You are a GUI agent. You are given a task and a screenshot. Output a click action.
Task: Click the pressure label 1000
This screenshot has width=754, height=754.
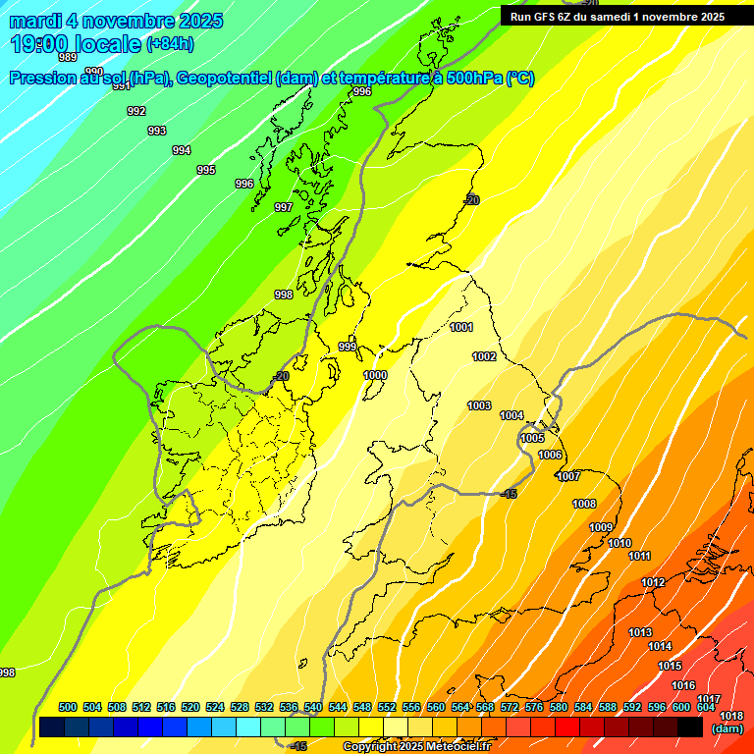pos(375,375)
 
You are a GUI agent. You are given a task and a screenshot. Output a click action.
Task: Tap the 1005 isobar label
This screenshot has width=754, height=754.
pos(532,438)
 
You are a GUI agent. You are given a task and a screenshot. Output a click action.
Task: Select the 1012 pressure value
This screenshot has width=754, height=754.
pos(653,582)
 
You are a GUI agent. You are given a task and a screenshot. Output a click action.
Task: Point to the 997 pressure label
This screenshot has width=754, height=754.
pos(283,207)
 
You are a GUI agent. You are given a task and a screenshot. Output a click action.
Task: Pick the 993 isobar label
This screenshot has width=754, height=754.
pos(156,131)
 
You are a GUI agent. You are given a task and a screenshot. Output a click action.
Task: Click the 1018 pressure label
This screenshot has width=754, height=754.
pos(730,717)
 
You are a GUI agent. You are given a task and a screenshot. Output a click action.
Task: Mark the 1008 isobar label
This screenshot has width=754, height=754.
pos(584,504)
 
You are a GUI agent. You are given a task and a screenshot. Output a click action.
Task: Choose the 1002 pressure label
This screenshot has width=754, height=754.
pos(484,356)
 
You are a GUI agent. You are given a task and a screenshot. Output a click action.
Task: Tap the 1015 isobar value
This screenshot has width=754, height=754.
pos(670,666)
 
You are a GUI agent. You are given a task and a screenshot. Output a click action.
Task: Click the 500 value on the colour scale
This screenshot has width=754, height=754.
pos(68,707)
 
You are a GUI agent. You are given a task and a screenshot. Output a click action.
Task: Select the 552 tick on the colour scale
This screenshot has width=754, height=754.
pos(387,707)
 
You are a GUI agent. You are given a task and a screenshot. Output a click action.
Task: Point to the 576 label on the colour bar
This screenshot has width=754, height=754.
pos(534,707)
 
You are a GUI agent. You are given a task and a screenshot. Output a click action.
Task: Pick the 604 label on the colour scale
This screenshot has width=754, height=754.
pos(705,707)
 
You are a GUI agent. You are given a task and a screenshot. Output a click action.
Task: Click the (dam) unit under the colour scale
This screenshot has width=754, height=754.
pos(727,728)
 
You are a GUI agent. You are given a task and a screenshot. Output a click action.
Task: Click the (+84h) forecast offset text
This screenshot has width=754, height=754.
pos(170,44)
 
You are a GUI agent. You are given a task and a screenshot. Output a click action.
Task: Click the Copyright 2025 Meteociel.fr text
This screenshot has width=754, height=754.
pos(415,746)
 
